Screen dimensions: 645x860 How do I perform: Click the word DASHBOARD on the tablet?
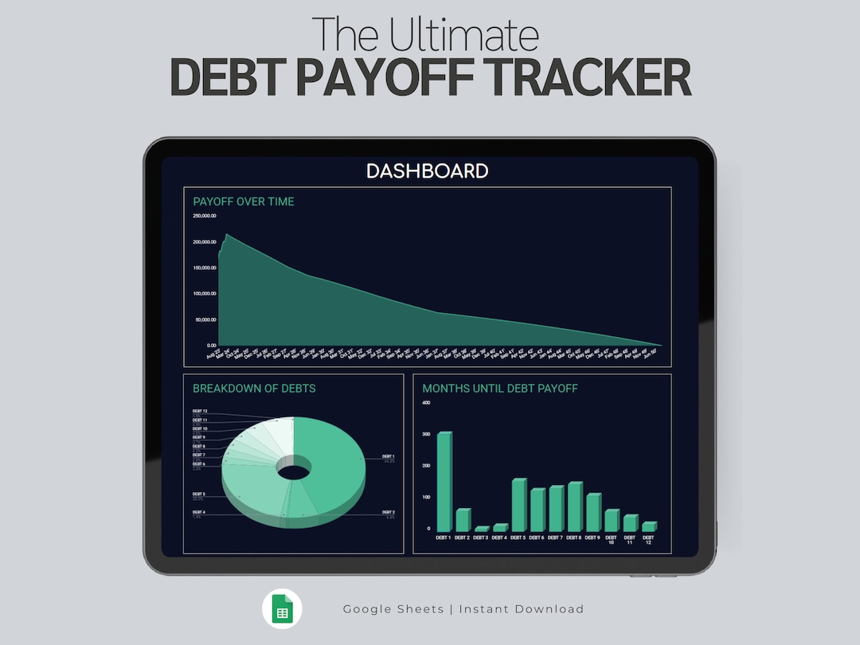pos(427,170)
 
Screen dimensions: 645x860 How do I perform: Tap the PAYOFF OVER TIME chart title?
pos(244,201)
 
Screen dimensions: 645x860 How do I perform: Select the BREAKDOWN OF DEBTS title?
pos(254,389)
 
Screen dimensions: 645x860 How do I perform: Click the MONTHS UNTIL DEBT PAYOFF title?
pos(500,389)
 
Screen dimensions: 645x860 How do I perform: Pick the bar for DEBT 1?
pos(444,482)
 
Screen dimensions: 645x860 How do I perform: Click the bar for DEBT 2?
pos(463,520)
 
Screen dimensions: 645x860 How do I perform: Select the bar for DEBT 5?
pos(519,505)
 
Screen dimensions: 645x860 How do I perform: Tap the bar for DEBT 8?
pos(575,506)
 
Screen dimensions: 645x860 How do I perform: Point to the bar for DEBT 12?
pos(648,526)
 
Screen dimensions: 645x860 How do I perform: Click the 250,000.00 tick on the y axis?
pos(205,216)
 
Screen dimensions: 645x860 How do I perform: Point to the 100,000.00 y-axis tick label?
pos(205,294)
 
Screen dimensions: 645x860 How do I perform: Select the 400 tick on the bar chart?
pos(426,403)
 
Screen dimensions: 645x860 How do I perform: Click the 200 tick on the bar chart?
pos(426,466)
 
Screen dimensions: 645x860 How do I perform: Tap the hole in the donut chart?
pos(294,471)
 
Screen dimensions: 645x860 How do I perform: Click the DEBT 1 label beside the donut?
pos(388,457)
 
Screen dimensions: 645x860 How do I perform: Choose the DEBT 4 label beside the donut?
pos(198,513)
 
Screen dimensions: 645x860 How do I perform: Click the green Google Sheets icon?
pos(283,610)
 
